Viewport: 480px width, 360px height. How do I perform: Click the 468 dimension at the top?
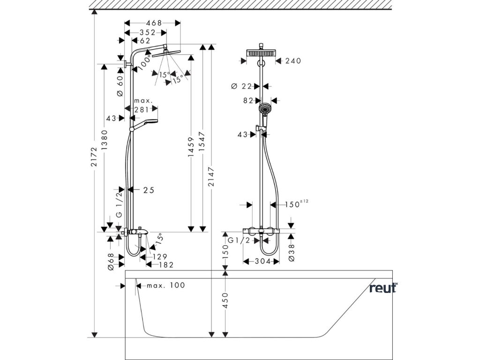pos(154,23)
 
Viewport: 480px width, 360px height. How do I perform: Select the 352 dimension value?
pos(148,32)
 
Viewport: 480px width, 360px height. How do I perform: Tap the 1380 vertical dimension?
pos(105,140)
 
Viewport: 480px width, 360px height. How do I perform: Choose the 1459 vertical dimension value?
pos(191,147)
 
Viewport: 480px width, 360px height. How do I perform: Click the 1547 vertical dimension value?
pos(202,142)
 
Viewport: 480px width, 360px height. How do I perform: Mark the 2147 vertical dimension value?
pos(211,177)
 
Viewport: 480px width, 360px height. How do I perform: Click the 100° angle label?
pos(144,62)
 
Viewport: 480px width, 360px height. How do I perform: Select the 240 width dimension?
pos(293,61)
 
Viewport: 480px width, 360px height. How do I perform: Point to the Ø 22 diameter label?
pos(241,86)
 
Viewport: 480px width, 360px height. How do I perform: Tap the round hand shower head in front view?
pos(265,108)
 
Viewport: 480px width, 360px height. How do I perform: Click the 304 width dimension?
pos(263,262)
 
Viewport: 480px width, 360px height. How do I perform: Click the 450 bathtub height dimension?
pos(225,300)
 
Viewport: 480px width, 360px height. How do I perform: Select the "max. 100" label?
pos(166,285)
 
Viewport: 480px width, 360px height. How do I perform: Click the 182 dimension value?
pos(166,265)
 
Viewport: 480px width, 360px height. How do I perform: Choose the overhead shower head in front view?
pos(261,53)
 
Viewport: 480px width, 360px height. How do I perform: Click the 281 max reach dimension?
pos(142,109)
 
